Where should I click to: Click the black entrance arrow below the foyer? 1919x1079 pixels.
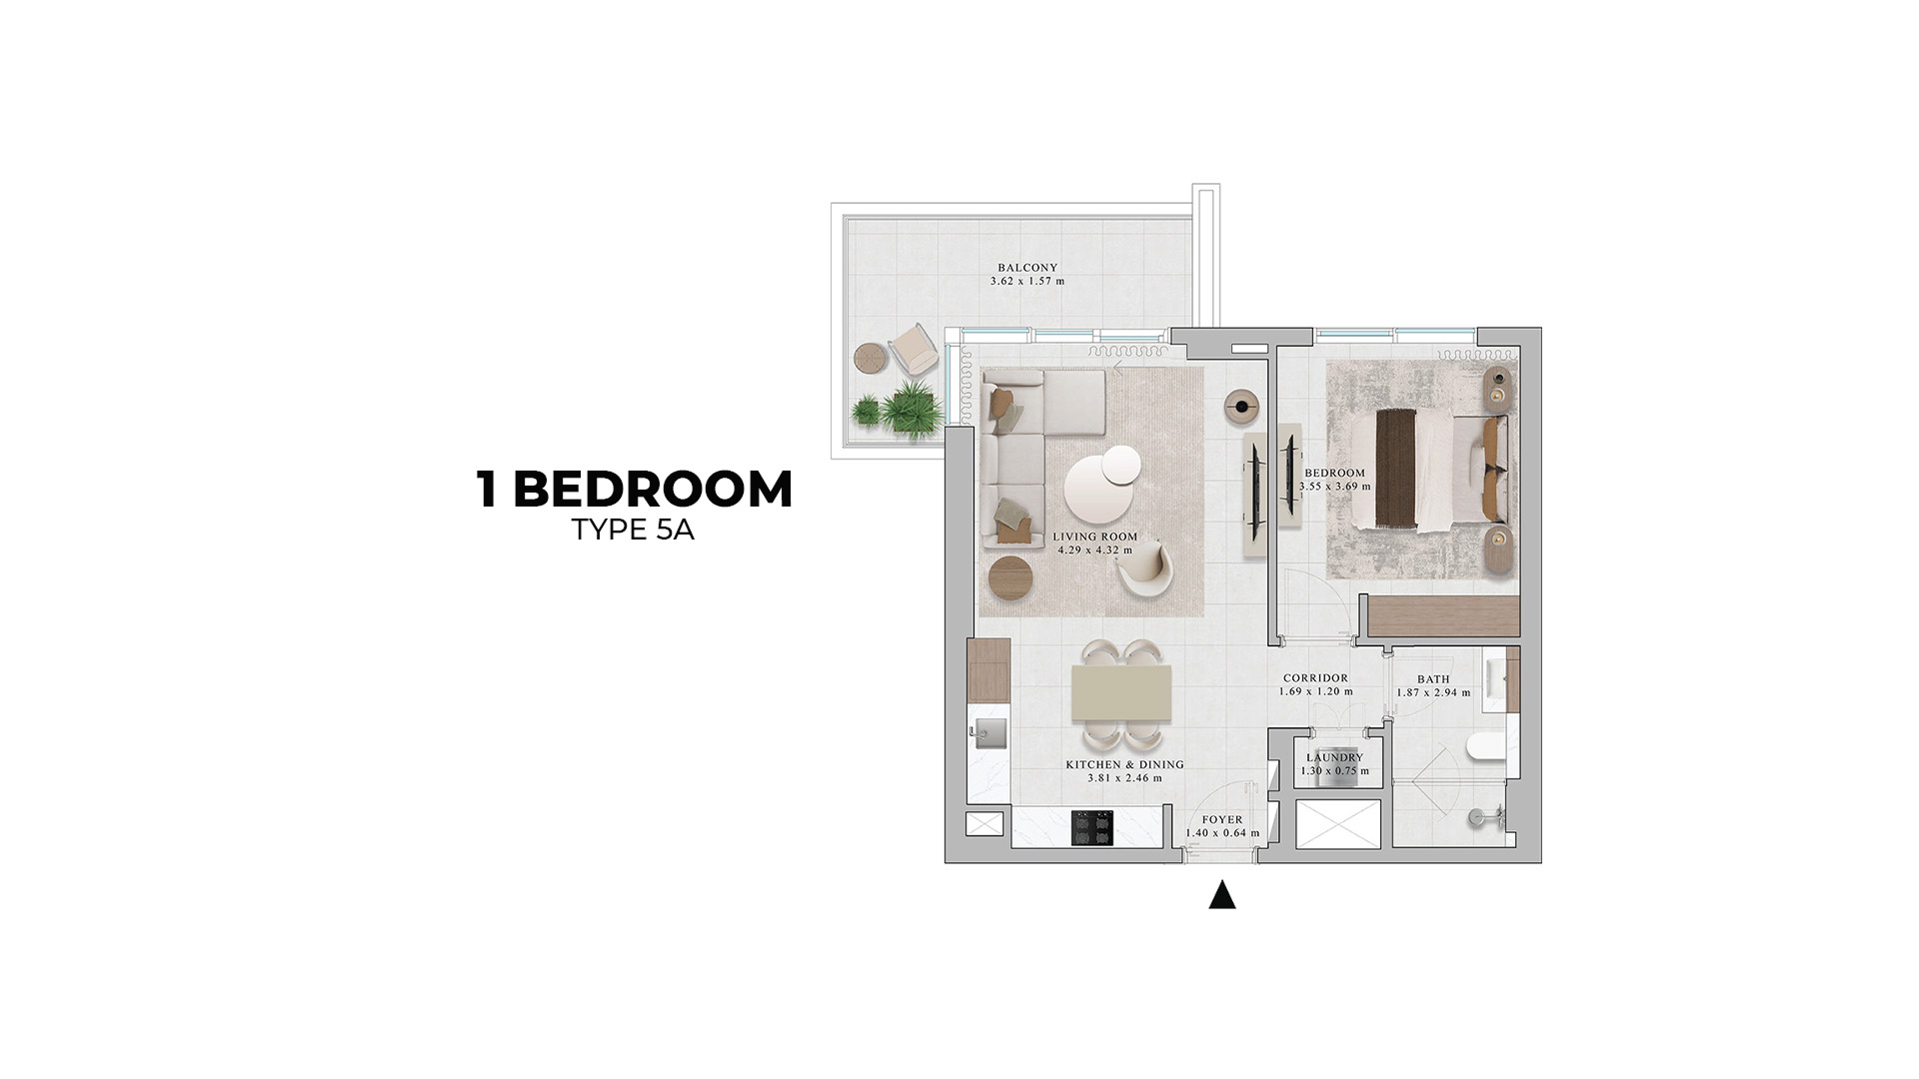point(1221,895)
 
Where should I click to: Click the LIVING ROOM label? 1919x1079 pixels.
point(1095,537)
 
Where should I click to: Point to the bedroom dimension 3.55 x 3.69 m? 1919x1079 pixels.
point(1335,487)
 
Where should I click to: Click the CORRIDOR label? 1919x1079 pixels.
point(1315,678)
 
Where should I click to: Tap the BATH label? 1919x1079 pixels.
point(1433,679)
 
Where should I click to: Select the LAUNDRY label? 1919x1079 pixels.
point(1335,758)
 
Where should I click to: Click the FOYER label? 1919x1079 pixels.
point(1222,820)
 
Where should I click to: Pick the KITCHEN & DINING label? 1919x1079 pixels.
point(1124,765)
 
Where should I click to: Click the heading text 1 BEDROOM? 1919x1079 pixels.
point(636,490)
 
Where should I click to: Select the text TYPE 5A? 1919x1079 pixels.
point(633,531)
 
